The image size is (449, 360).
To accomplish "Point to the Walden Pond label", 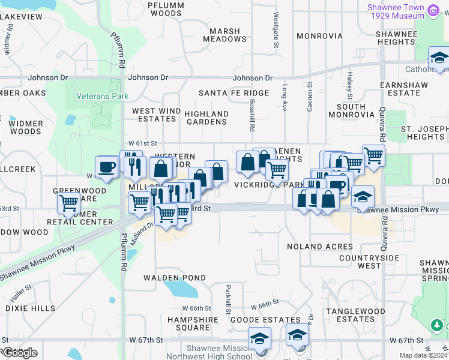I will [174, 278].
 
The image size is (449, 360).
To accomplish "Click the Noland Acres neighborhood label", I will [319, 247].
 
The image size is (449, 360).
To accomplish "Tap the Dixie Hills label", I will [30, 308].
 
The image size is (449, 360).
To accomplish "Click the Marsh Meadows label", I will [224, 35].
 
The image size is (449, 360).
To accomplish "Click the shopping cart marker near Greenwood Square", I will [69, 203].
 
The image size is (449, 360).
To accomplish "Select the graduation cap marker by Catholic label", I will [439, 58].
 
